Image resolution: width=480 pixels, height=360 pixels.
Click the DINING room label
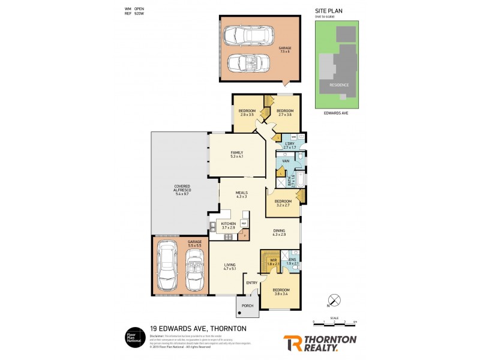pos(279,232)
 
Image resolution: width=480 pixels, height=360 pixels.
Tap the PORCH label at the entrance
pos(247,305)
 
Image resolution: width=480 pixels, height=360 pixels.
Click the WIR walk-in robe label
pos(272,261)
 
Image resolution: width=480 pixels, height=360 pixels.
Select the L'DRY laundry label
pos(289,145)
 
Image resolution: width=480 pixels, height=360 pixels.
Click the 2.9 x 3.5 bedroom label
pos(247,112)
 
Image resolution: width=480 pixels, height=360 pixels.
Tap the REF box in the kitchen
pos(244,223)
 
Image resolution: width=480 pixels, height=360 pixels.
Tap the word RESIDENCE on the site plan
pos(338,85)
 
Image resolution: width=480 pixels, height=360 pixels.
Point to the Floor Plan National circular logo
pos(133,337)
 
